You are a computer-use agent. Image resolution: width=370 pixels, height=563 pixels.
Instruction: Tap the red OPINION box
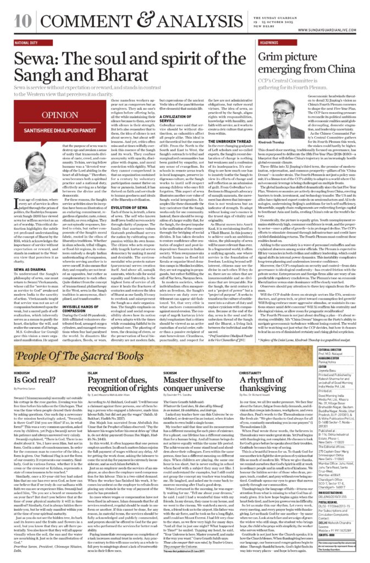(x=51, y=116)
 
